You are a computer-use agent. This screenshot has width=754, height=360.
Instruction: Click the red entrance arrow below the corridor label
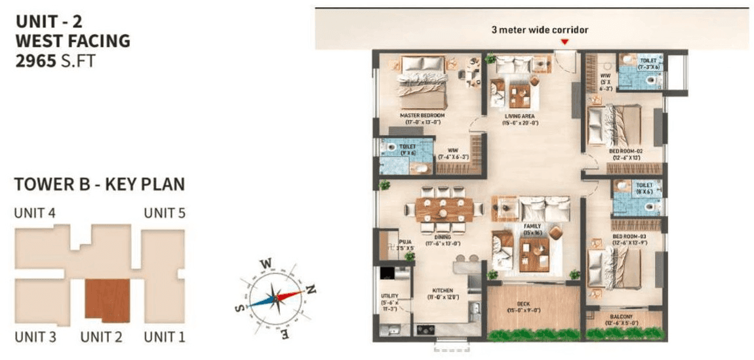click(565, 43)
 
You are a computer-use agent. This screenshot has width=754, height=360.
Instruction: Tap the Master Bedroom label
click(423, 115)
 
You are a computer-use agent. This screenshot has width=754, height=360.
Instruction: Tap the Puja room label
click(406, 241)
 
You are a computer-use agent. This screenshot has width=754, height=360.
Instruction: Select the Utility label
click(389, 296)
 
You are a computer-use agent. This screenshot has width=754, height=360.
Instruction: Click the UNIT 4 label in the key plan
click(34, 212)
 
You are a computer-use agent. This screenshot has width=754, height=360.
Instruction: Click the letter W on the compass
click(266, 264)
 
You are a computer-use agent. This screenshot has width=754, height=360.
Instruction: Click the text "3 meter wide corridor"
click(540, 30)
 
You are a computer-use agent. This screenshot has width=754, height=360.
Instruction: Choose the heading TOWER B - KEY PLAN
click(99, 184)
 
